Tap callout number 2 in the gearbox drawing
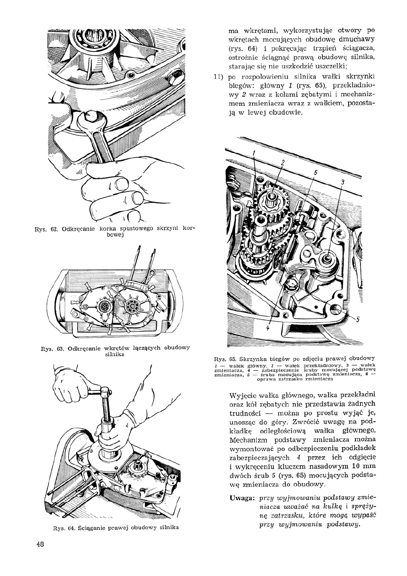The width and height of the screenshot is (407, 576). tap(283, 162)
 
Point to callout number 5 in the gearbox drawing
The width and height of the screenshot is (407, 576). tap(358, 318)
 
